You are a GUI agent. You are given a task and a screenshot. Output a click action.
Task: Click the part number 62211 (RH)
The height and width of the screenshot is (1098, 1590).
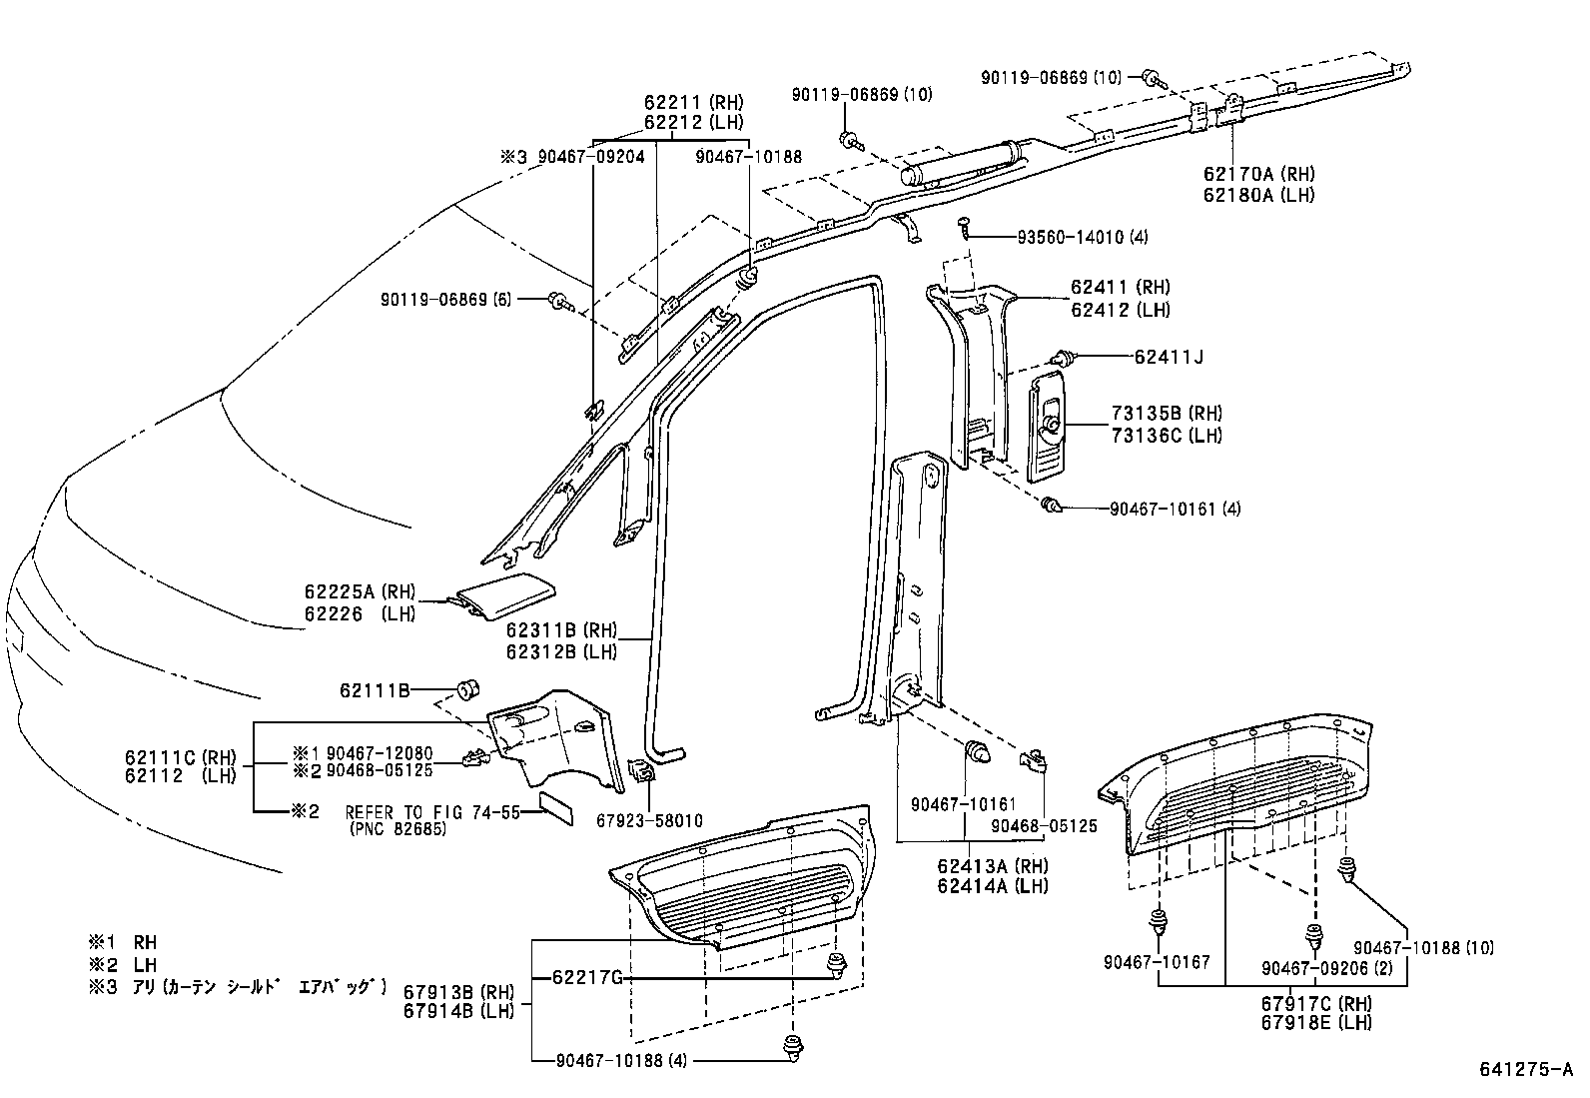point(693,102)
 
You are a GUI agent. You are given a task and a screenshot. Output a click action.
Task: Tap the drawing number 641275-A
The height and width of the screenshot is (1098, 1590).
point(1525,1069)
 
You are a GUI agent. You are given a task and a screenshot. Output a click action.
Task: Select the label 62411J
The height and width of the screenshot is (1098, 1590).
point(1169,357)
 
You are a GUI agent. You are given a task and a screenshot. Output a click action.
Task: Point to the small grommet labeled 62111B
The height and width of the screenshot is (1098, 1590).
point(466,688)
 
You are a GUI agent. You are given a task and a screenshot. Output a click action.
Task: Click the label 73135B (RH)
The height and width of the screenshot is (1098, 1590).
point(1167,414)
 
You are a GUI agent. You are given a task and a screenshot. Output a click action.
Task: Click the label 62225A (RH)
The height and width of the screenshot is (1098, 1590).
point(360,592)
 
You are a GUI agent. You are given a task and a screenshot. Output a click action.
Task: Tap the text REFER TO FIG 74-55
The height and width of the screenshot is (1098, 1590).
point(432,812)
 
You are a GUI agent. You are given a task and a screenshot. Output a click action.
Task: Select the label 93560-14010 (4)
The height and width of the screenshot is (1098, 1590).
point(1083,238)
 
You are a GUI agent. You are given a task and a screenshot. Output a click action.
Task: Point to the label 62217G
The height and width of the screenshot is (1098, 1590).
point(587,977)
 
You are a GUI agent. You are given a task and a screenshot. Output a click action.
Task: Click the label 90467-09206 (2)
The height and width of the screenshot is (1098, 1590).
point(1310,967)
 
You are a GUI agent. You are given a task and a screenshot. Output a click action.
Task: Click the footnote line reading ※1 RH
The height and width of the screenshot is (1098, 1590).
point(122,942)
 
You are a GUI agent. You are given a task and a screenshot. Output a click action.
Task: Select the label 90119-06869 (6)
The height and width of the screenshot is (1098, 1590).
point(445,300)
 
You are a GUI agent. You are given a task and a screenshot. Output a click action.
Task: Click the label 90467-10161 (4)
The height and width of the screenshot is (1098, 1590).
point(1175,509)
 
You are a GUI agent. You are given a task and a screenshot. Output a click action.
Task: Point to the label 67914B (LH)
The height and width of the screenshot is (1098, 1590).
point(458,1010)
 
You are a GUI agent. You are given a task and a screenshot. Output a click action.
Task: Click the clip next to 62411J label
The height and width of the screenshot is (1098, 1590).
point(1064,357)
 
